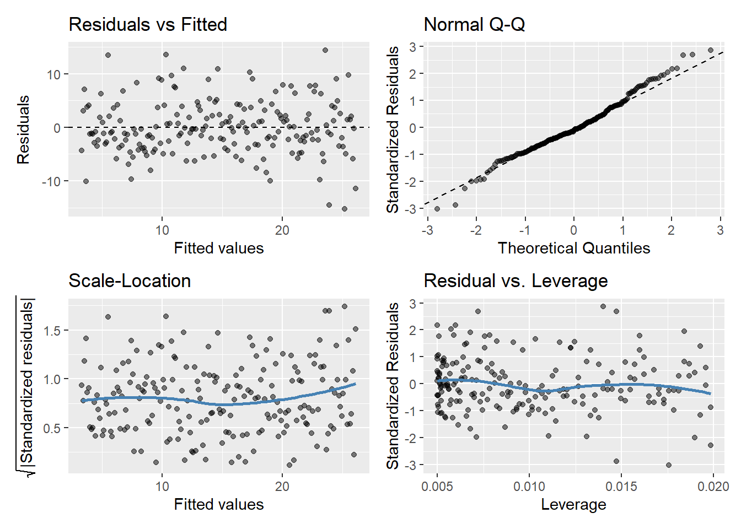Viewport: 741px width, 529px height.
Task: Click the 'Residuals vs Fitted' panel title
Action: tap(148, 25)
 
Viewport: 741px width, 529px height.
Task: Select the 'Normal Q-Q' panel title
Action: tap(474, 25)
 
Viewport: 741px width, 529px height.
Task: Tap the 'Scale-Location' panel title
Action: tap(130, 281)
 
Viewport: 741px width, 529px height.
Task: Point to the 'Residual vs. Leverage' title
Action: tap(516, 281)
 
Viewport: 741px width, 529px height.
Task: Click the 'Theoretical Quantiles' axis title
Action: tap(574, 249)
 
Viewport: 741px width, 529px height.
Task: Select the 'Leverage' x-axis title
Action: tap(573, 505)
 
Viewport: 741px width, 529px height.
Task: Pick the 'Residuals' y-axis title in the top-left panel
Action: tap(23, 130)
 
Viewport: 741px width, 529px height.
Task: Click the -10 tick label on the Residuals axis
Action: tap(51, 181)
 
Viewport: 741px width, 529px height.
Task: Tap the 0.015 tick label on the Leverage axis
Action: tap(621, 487)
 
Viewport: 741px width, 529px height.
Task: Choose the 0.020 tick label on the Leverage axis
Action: tap(713, 487)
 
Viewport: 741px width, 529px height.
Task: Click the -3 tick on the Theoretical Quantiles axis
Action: tap(427, 230)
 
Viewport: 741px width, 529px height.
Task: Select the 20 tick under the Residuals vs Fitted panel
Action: tap(282, 230)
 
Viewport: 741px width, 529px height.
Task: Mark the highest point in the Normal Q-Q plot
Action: tap(711, 50)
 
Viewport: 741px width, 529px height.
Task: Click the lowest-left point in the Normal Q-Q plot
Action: tap(437, 209)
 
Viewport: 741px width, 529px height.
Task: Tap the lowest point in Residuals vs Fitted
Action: tap(345, 209)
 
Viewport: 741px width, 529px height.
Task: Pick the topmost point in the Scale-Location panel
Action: tap(345, 306)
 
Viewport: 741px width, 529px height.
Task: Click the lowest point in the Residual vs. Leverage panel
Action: tap(669, 465)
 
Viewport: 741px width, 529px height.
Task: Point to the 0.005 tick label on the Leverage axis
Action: tap(437, 487)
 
